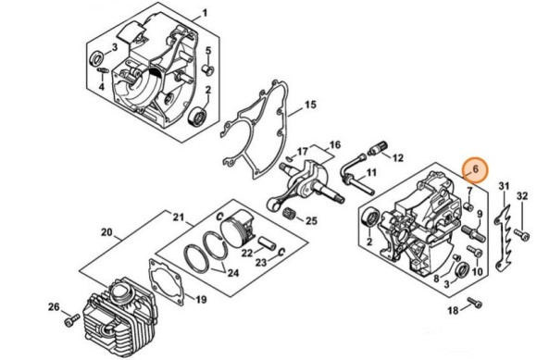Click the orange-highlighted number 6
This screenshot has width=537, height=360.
pyautogui.click(x=474, y=169)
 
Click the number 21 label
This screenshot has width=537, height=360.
pyautogui.click(x=179, y=217)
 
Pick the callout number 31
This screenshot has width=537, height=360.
pyautogui.click(x=504, y=190)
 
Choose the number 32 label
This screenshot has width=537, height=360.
pyautogui.click(x=521, y=195)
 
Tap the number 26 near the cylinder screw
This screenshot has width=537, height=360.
pyautogui.click(x=54, y=307)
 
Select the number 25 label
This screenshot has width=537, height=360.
pyautogui.click(x=311, y=220)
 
